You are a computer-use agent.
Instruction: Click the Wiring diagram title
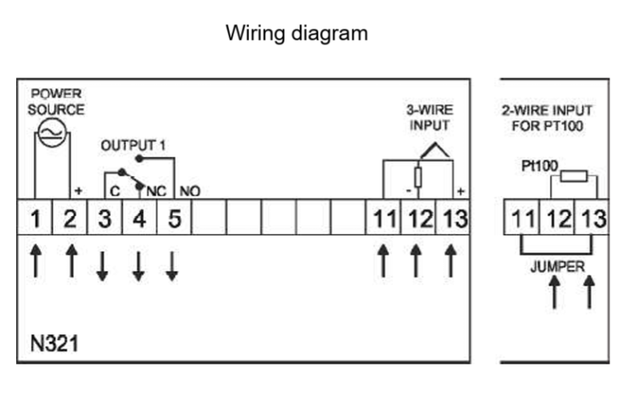tap(296, 33)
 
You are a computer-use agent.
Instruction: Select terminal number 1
tap(35, 218)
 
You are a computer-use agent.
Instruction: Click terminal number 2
tap(70, 218)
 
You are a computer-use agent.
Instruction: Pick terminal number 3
tap(104, 218)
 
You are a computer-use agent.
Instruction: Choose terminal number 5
tap(174, 218)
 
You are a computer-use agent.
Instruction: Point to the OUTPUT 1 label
tap(133, 145)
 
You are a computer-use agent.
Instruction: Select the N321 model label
tap(54, 343)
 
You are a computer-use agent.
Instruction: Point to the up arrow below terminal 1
tap(35, 261)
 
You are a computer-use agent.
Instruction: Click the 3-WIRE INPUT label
tap(430, 117)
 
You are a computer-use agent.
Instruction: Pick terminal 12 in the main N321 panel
tap(420, 218)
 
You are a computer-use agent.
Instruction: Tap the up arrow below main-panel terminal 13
tap(452, 261)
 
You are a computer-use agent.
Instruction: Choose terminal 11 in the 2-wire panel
tap(522, 219)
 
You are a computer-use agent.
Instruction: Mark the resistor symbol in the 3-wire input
tap(418, 177)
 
